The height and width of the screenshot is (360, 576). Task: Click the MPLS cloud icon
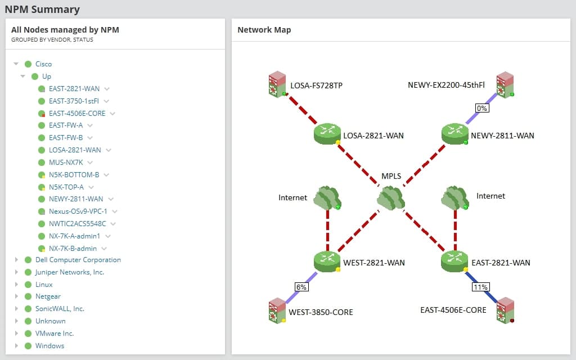[391, 197]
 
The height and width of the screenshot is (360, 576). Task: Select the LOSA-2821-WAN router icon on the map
[327, 134]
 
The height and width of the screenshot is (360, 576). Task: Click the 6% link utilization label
[301, 286]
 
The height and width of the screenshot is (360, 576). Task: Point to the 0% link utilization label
[481, 107]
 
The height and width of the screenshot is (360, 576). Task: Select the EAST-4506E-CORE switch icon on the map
[505, 310]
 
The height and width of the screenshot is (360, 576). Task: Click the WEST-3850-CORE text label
[321, 312]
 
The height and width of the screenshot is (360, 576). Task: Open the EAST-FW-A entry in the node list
[66, 125]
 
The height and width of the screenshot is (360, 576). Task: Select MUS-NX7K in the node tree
[65, 163]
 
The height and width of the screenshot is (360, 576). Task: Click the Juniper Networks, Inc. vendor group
[69, 272]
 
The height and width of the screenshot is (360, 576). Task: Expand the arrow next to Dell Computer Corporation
[16, 260]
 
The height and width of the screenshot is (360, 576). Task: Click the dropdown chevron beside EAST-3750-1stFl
[106, 101]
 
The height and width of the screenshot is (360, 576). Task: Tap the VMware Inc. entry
[55, 334]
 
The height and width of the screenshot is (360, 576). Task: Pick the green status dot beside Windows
[28, 346]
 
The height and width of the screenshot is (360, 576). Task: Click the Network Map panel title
[264, 30]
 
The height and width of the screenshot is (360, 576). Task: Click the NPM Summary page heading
[42, 9]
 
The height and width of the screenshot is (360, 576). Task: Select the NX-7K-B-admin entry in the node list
[73, 249]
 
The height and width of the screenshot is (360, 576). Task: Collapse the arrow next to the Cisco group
[16, 64]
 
